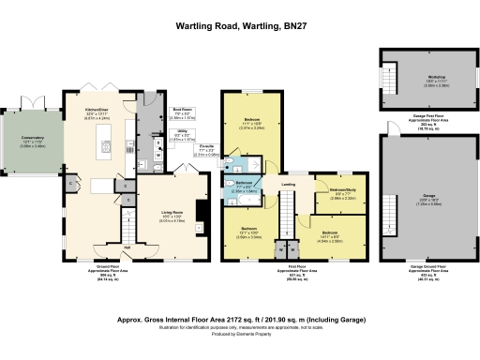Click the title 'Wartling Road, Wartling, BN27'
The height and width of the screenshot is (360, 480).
(x=240, y=27)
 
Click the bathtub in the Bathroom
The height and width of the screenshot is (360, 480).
(x=232, y=198)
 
